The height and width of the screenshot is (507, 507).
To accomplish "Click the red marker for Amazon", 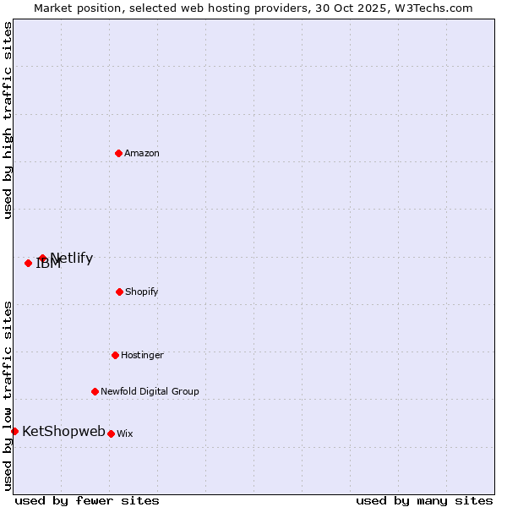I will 118,153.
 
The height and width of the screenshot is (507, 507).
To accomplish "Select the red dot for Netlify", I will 42,258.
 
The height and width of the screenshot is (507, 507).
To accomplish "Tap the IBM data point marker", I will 28,263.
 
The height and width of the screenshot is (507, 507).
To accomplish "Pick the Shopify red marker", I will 119,292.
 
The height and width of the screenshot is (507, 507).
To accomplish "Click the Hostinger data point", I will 115,355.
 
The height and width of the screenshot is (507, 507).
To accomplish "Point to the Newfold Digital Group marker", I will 95,391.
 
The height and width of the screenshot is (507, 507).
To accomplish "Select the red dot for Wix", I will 111,433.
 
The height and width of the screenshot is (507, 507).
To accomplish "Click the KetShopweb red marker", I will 14,431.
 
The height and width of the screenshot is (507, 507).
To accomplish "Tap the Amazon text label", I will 142,153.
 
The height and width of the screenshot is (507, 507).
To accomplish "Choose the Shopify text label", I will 142,292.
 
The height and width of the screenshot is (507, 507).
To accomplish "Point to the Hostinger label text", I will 142,355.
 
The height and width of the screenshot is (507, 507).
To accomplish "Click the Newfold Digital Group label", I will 150,391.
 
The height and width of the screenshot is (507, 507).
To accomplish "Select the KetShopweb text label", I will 63,431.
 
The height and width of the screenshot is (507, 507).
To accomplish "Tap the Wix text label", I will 125,433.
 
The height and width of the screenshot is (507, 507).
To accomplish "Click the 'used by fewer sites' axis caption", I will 87,500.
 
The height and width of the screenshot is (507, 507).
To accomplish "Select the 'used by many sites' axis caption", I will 424,500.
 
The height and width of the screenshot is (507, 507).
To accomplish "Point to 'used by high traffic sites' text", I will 8,120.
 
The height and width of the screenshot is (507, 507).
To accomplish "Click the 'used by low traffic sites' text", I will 8,395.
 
